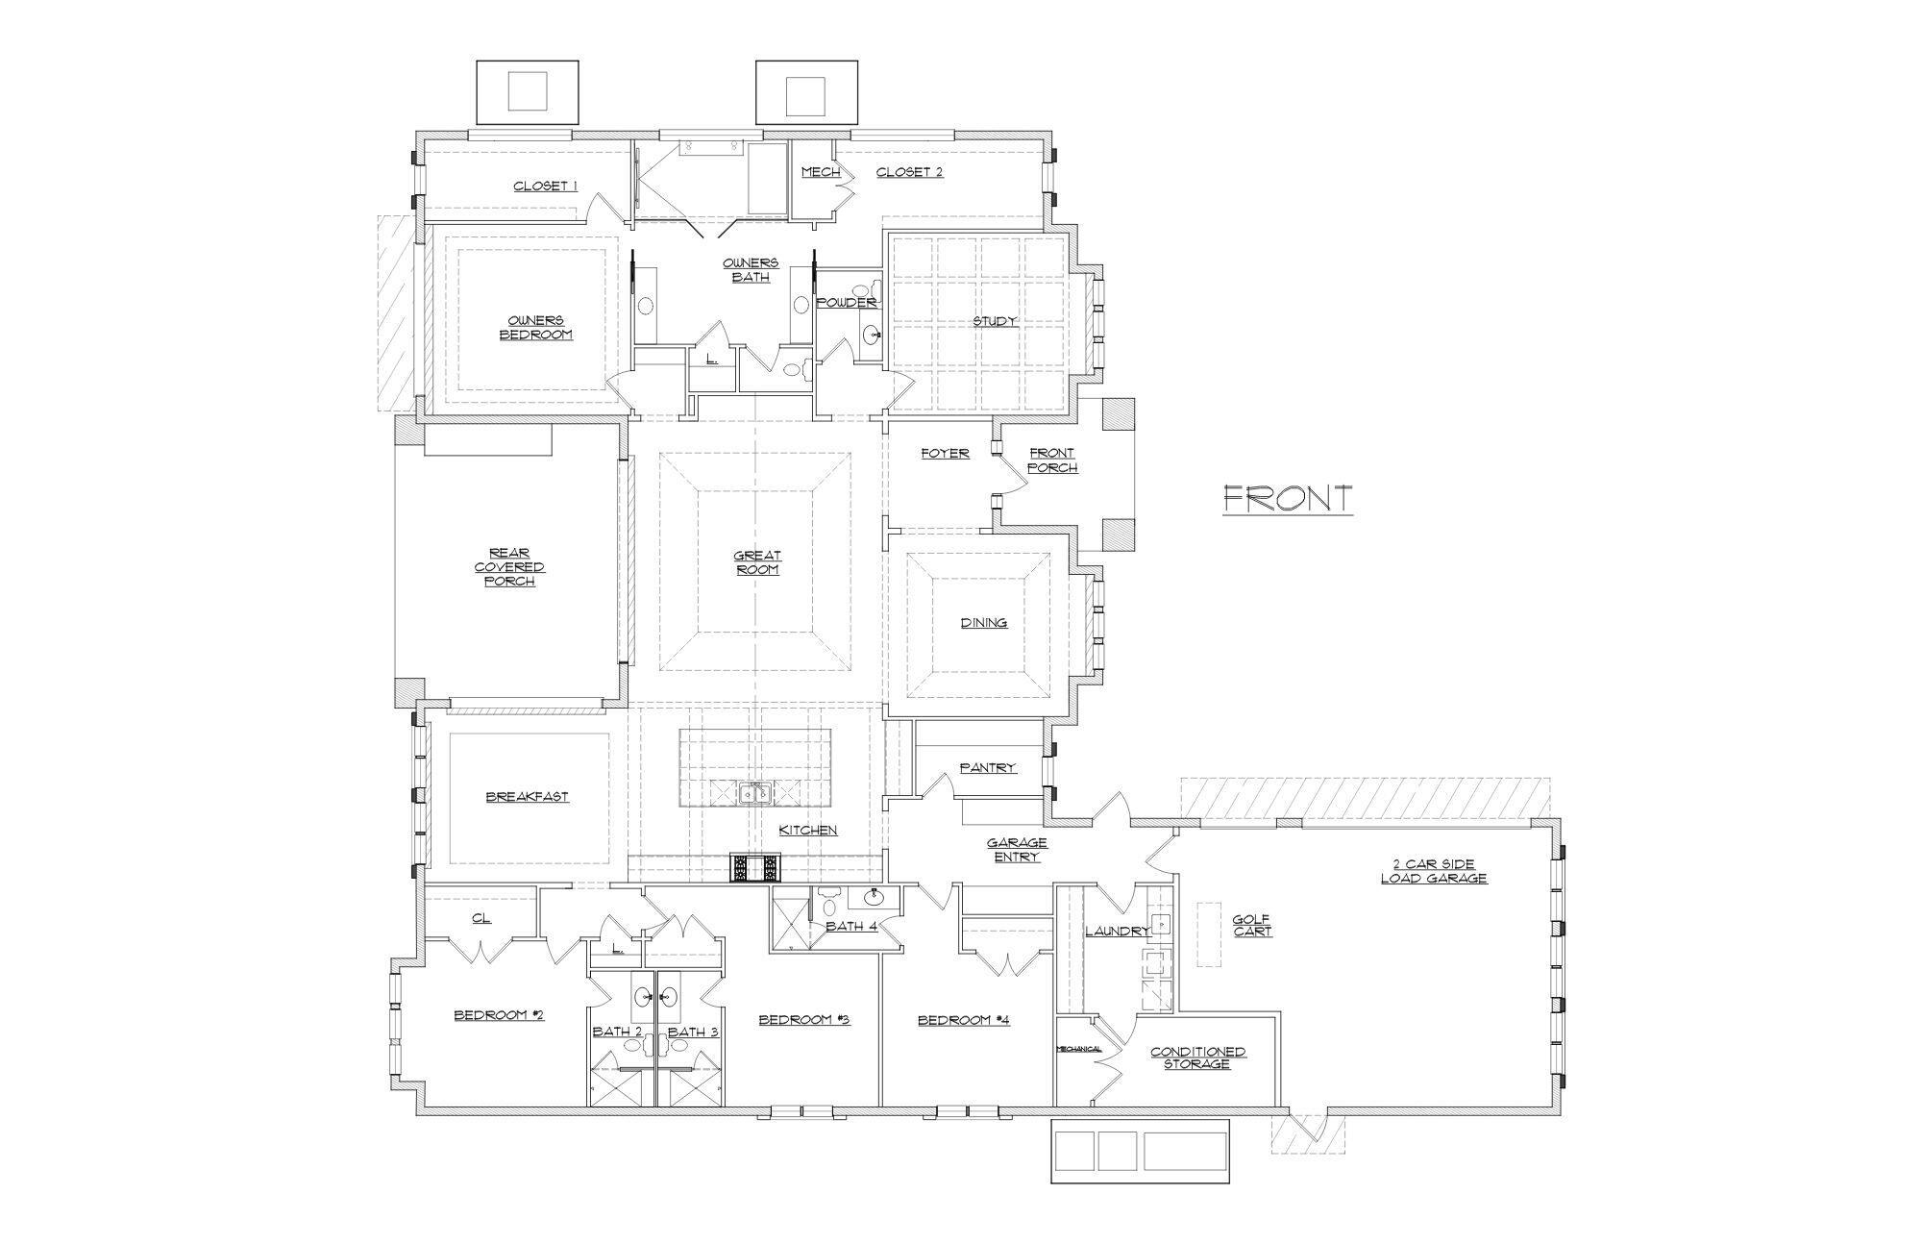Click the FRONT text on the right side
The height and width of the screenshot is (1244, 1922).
tap(1288, 498)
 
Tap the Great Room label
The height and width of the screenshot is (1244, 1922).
tap(757, 562)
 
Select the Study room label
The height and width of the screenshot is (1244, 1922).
tap(995, 321)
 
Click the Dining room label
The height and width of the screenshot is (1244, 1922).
tap(984, 622)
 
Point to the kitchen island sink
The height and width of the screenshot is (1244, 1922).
tap(754, 792)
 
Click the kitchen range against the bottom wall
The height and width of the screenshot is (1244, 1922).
tap(757, 868)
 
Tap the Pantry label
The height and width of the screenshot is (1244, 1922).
tap(987, 767)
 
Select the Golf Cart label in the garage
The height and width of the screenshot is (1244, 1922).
tap(1252, 925)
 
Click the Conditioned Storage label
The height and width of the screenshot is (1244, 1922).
tap(1197, 1057)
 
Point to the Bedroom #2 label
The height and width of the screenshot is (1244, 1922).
tap(499, 1014)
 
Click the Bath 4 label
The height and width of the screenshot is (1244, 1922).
tap(851, 927)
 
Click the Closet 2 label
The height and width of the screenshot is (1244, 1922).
tap(909, 172)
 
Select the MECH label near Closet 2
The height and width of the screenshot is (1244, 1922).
tap(821, 172)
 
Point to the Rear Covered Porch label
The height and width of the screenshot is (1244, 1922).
tap(509, 566)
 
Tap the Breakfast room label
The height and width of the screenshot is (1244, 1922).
tap(527, 796)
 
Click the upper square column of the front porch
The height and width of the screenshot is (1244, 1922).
tap(1118, 414)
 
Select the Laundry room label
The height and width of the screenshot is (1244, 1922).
tap(1117, 931)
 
